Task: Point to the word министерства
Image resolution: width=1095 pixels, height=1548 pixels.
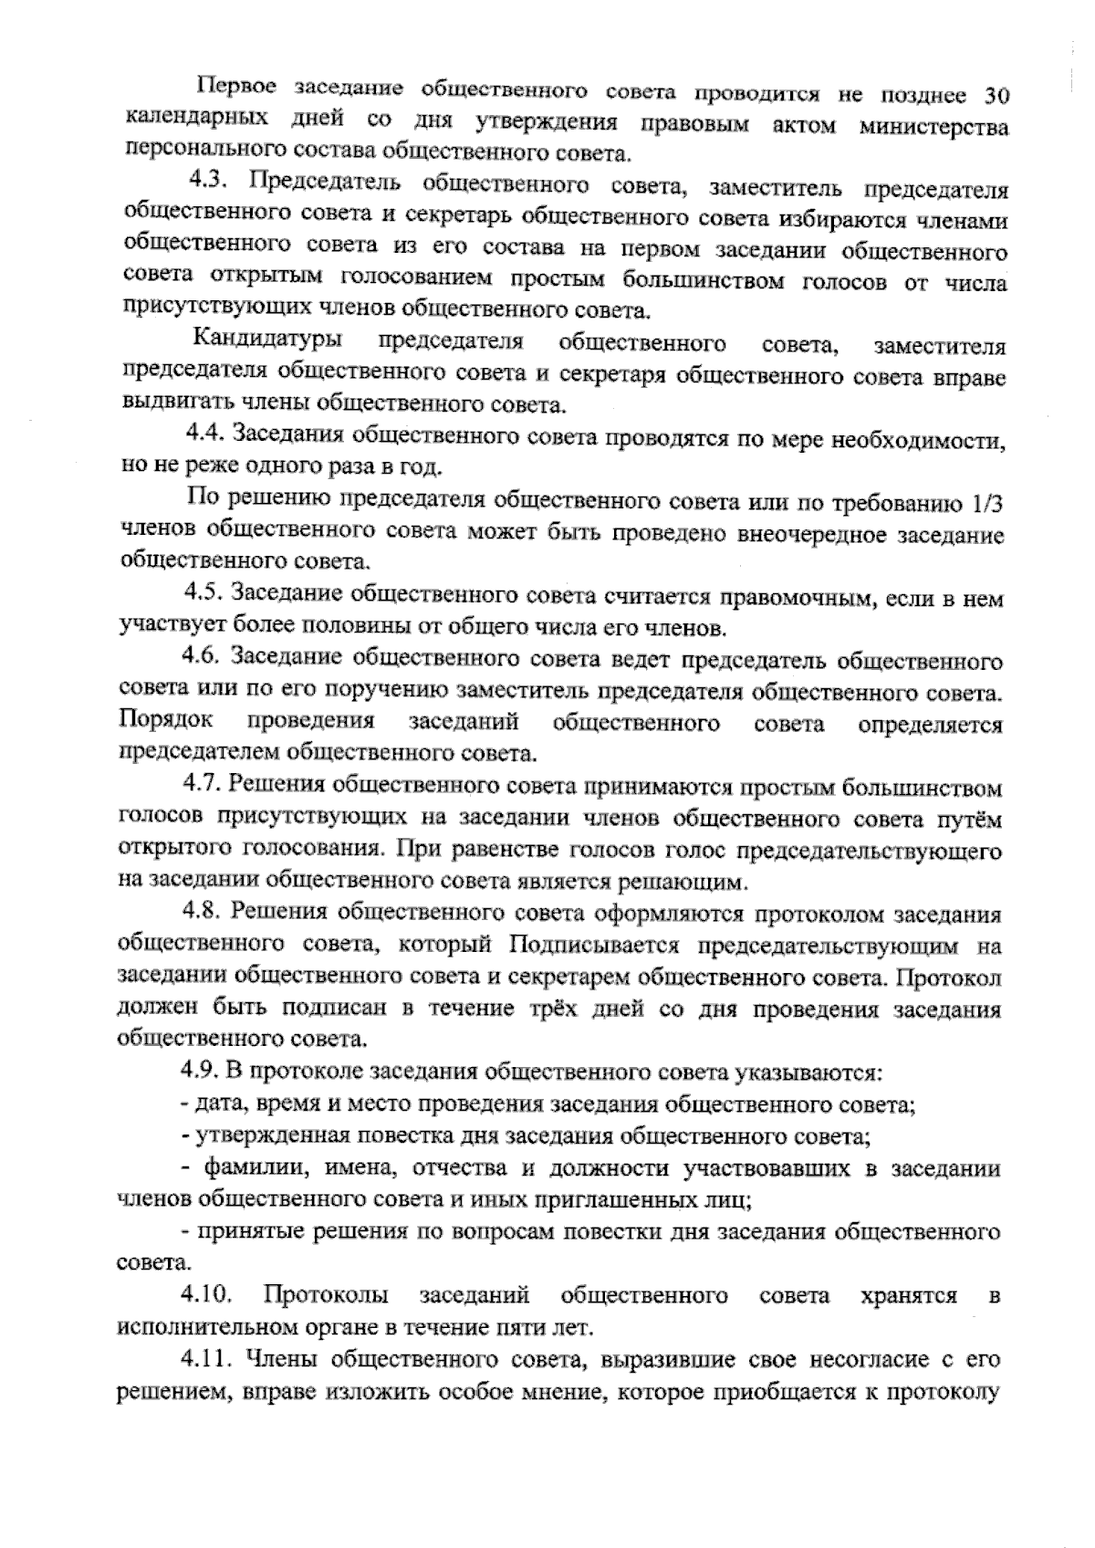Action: pyautogui.click(x=933, y=127)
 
